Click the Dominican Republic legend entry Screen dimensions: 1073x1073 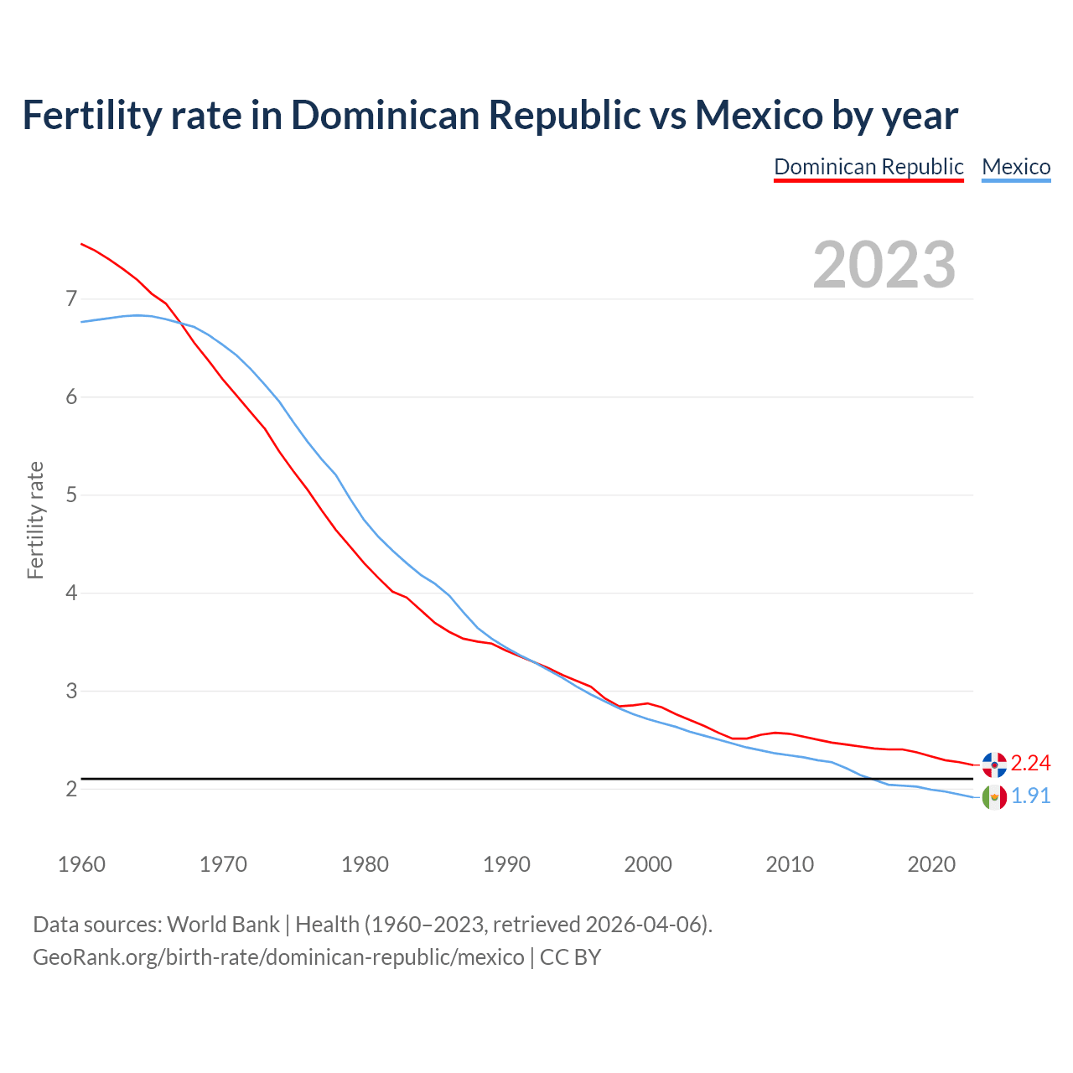[868, 167]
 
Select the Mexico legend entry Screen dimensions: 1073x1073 [1016, 167]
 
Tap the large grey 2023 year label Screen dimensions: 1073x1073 [884, 265]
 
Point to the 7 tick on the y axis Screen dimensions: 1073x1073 [71, 298]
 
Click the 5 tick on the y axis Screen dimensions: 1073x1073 [71, 495]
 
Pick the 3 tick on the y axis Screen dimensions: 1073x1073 [71, 691]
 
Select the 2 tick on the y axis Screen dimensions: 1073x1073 [71, 789]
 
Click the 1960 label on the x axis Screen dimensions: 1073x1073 [81, 864]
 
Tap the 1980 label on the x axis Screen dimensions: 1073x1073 [365, 864]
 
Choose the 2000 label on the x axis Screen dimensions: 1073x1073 [648, 864]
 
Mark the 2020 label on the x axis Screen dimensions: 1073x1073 [931, 864]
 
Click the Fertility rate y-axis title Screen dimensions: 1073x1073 [35, 520]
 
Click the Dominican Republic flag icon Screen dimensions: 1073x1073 [994, 764]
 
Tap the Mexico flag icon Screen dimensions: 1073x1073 [994, 796]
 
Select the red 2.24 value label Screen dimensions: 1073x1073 [1030, 763]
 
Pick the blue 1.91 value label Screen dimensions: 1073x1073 [1030, 796]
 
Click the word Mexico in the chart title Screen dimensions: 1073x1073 [759, 116]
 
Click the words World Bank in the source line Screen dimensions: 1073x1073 [223, 925]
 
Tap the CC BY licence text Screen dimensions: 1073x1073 [570, 957]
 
